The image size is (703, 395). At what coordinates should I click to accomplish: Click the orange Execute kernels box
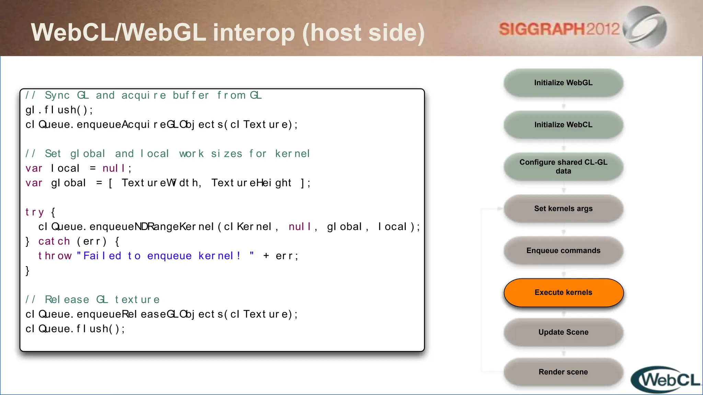click(563, 292)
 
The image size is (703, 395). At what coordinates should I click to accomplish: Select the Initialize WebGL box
click(563, 83)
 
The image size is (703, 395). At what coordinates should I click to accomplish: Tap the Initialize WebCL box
click(563, 125)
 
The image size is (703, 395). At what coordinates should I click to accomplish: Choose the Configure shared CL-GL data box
click(563, 167)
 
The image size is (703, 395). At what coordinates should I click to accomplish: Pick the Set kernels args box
click(563, 208)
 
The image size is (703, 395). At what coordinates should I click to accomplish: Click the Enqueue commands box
click(563, 251)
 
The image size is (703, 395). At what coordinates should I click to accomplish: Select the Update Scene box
click(563, 332)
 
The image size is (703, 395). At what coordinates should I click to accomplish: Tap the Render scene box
click(563, 372)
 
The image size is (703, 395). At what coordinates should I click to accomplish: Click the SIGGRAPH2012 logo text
click(559, 29)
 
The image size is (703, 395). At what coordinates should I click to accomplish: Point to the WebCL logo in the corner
click(666, 380)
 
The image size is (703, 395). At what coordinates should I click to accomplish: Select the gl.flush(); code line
click(59, 110)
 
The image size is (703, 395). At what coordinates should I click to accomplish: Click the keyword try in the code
click(35, 212)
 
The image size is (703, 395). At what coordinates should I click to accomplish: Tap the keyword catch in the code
click(54, 241)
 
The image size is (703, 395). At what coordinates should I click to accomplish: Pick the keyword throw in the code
click(55, 256)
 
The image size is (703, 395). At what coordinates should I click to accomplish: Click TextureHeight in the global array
click(251, 183)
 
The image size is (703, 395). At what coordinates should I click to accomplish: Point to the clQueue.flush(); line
click(75, 329)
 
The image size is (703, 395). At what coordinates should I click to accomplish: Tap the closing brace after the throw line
click(27, 271)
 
